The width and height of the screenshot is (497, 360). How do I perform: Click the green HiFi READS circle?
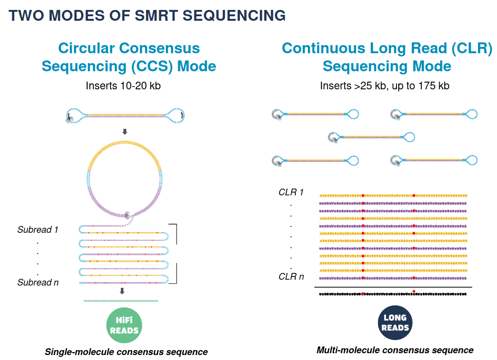124,325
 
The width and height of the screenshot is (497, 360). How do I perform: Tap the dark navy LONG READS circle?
395,323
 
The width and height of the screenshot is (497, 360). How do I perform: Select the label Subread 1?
38,230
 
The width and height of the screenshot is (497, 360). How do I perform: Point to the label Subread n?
38,282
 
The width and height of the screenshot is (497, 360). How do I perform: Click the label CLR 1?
291,192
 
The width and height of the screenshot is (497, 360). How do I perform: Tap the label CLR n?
291,276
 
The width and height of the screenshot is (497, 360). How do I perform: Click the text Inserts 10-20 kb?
123,85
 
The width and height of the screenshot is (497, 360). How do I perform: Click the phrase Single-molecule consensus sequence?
126,352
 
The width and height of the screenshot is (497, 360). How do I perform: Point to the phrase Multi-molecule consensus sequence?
395,350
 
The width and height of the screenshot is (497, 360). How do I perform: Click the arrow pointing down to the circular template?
125,132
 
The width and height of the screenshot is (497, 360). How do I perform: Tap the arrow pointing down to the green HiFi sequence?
122,291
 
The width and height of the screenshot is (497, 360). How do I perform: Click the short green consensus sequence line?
121,300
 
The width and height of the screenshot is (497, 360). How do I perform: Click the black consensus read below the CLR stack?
392,294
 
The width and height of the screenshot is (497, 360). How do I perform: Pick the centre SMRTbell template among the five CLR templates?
371,137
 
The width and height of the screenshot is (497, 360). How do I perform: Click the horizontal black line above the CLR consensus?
392,287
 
